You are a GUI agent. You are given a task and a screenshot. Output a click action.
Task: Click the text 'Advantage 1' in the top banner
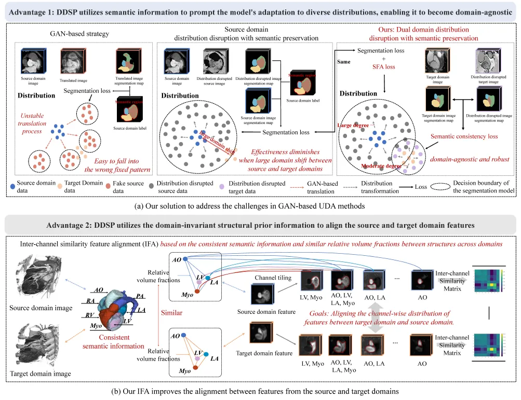(x=32, y=11)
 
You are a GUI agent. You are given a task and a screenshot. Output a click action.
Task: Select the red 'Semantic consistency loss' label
(x=464, y=136)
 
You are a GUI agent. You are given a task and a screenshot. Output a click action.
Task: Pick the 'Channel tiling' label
(x=269, y=278)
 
